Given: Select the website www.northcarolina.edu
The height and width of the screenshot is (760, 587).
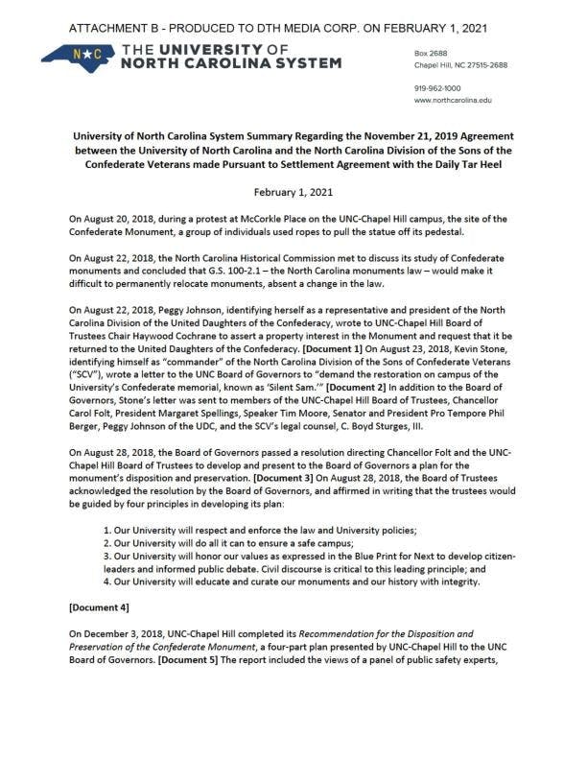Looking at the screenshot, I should point(453,100).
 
